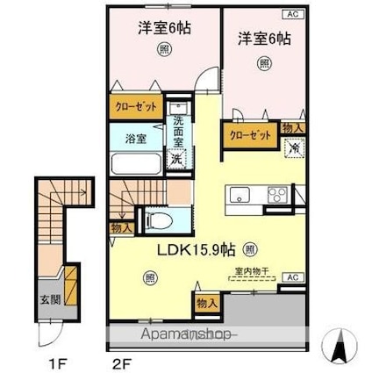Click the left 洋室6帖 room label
click(x=163, y=27)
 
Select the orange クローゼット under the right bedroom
click(x=250, y=135)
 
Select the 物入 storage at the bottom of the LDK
click(x=204, y=304)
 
